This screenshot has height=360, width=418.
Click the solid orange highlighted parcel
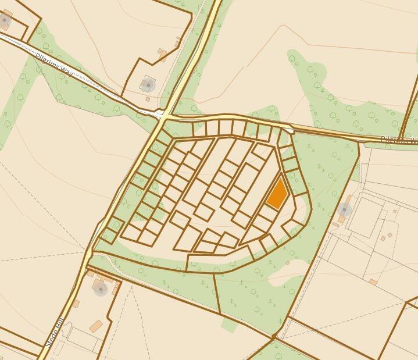(x=277, y=193)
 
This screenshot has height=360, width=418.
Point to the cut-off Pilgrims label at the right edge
(x=399, y=140)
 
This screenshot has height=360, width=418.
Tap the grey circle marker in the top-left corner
(x=5, y=21)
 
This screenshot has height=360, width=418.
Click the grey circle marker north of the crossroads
(x=148, y=85)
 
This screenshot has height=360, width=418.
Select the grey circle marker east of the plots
(x=345, y=209)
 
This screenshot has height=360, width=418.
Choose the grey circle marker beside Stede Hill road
(x=101, y=287)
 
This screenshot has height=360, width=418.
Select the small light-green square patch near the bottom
(x=230, y=325)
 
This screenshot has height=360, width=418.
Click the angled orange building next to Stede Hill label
(x=96, y=326)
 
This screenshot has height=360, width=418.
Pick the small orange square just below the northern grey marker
(x=148, y=99)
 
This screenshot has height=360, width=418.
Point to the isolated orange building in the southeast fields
(x=373, y=281)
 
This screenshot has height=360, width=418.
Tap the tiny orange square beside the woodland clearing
(x=287, y=263)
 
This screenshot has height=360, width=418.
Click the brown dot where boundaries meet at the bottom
(x=274, y=336)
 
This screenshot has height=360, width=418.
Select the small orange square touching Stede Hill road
(x=76, y=304)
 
